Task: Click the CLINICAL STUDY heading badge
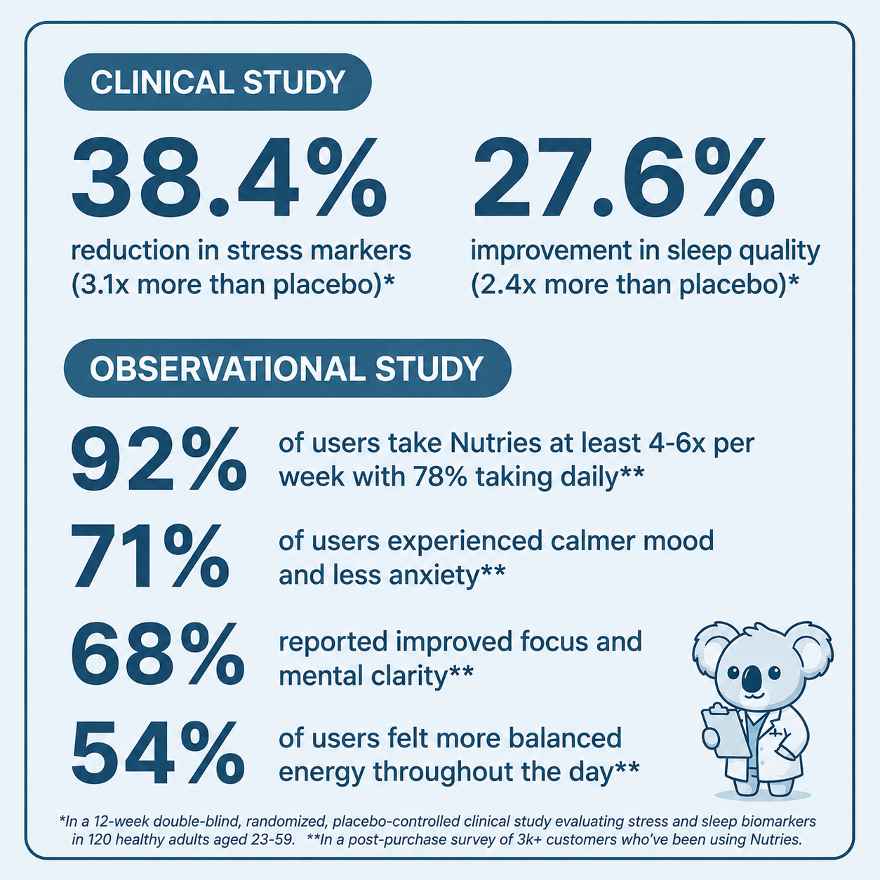[x=218, y=82]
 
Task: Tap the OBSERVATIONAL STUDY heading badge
[x=287, y=368]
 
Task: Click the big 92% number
[x=159, y=458]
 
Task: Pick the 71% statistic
[x=150, y=555]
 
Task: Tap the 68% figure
[x=158, y=654]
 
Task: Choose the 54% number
[x=158, y=752]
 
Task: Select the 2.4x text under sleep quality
[x=502, y=284]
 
